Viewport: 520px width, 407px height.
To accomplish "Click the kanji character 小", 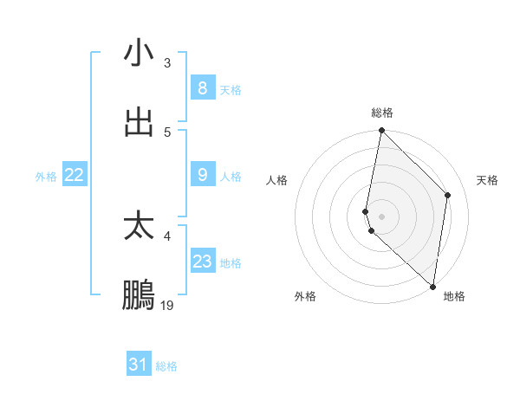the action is [139, 54].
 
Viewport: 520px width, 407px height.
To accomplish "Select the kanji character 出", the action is [139, 122].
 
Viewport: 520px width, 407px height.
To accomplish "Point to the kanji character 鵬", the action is [139, 295].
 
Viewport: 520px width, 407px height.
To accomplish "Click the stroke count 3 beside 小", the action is [166, 63].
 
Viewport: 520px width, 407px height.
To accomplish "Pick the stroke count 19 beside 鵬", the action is [167, 306].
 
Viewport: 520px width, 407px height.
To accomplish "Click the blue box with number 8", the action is [202, 87].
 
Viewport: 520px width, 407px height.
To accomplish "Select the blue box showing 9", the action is [202, 175].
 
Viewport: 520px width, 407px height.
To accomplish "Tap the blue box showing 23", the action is [202, 262].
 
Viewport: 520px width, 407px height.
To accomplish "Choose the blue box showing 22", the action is [74, 175].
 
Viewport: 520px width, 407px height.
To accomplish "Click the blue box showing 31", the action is [138, 365].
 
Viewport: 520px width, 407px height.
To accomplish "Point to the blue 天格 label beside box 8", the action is [231, 89].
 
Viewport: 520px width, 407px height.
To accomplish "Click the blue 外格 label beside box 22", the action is [46, 177].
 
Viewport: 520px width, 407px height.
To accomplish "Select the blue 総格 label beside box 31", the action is [166, 366].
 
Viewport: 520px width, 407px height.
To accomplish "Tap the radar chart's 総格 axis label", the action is [381, 113].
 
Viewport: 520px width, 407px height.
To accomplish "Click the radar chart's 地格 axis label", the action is [454, 296].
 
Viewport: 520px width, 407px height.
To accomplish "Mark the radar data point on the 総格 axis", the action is [381, 131].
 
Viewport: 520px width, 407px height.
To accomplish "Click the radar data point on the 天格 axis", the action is [448, 195].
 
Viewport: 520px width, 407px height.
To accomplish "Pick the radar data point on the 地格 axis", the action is [432, 287].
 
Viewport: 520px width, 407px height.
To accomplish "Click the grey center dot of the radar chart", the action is [381, 216].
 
